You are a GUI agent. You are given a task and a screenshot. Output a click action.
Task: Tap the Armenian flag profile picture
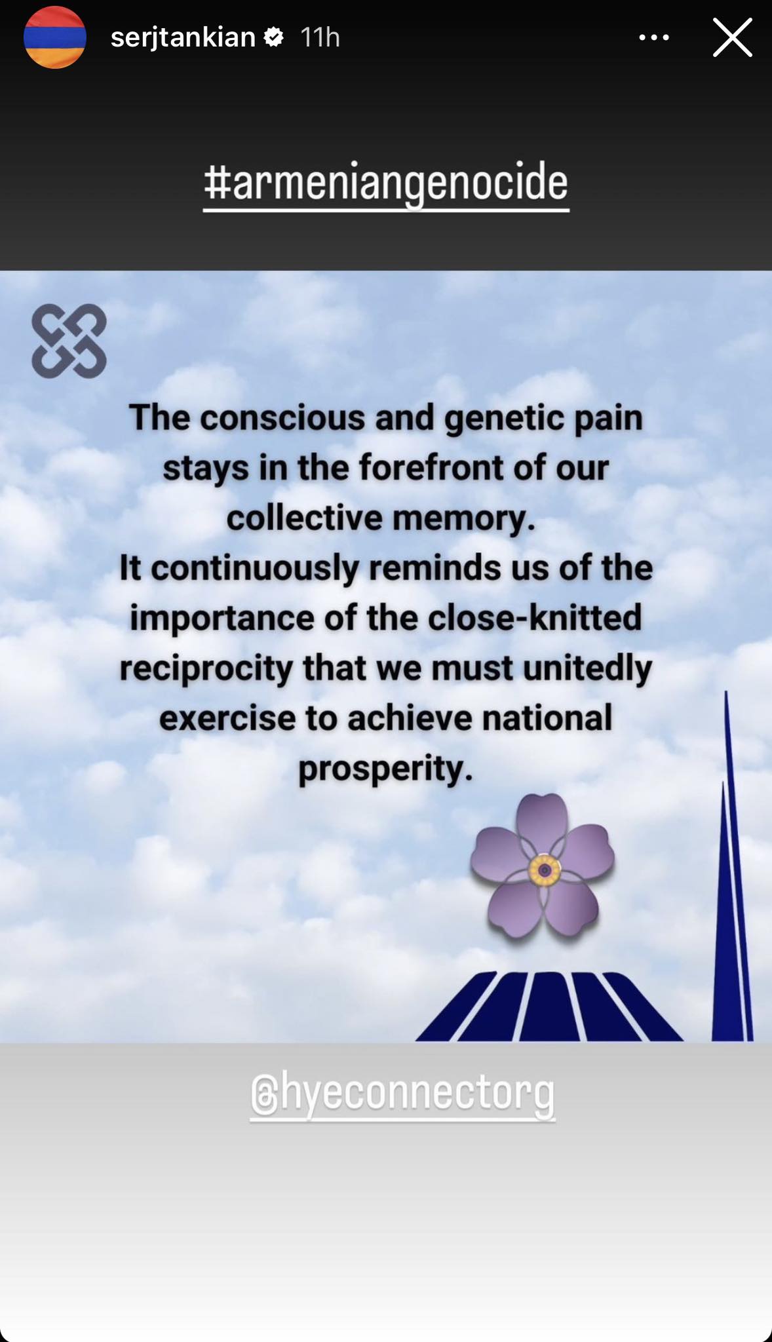(55, 37)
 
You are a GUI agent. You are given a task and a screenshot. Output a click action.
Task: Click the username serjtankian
(183, 37)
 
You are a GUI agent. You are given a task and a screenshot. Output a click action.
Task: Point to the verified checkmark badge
(273, 37)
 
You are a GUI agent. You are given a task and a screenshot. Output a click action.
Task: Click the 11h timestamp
(320, 37)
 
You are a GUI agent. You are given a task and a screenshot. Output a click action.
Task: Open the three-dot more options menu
(654, 37)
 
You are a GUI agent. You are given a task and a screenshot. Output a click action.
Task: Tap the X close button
(732, 37)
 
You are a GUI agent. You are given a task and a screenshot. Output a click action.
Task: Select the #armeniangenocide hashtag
(386, 184)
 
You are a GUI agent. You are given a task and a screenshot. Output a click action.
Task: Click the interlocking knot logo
(69, 341)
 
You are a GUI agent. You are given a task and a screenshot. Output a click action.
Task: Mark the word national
(547, 718)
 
